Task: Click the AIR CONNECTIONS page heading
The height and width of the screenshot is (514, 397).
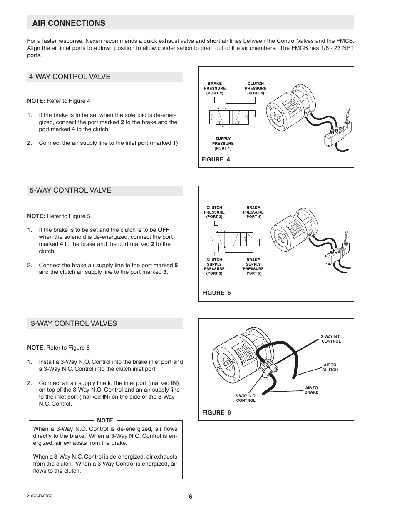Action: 69,23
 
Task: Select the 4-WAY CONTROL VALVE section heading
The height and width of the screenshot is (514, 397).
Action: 70,77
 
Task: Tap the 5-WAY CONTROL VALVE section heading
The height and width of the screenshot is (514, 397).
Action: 70,190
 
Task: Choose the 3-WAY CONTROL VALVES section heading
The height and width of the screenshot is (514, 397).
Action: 73,323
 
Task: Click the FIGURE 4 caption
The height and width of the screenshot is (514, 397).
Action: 216,160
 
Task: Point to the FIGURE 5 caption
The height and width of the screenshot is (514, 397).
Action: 216,293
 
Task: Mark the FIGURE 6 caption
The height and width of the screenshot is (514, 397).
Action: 216,412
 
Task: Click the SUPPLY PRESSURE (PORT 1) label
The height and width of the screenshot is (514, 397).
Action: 223,144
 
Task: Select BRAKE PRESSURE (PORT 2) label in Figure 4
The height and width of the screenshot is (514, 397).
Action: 215,88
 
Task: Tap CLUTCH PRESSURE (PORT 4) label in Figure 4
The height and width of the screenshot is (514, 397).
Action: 256,88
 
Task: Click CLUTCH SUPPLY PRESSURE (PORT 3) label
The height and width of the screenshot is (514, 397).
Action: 214,266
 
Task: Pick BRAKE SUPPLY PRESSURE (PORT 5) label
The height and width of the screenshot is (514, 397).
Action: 253,266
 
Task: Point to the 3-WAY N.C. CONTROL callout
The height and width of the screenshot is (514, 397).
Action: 331,339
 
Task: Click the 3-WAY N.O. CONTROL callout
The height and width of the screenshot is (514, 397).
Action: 246,398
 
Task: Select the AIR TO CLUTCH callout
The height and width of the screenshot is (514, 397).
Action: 330,367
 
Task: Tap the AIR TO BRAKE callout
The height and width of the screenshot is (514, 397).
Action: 311,390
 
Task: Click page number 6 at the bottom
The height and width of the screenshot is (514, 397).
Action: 191,497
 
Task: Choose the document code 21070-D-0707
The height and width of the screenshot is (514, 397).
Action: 40,496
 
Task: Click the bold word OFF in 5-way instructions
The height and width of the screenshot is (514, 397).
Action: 164,230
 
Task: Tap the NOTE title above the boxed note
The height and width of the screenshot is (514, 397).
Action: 105,420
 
